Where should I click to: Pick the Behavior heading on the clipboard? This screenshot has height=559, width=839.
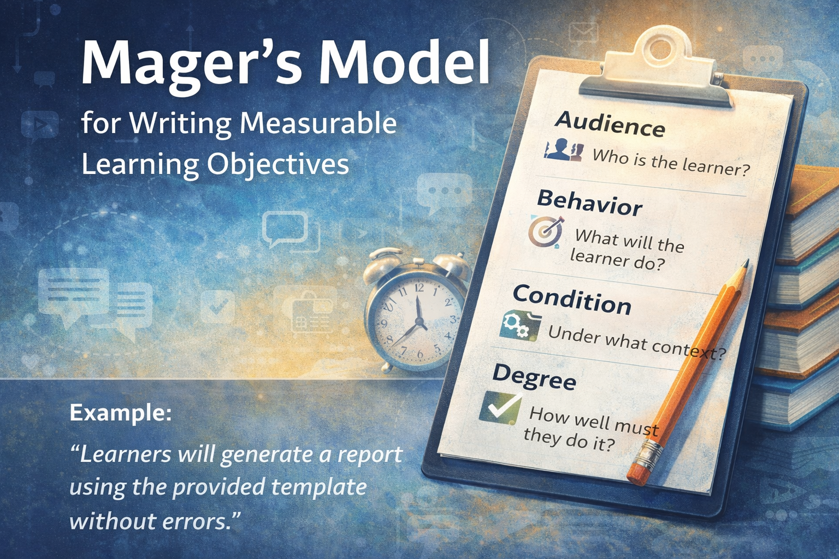pyautogui.click(x=590, y=203)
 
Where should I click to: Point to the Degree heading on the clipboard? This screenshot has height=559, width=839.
pyautogui.click(x=534, y=376)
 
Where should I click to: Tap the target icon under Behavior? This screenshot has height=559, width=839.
pyautogui.click(x=546, y=231)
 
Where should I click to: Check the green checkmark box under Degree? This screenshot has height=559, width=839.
pyautogui.click(x=500, y=407)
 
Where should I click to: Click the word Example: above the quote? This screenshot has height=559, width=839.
pyautogui.click(x=120, y=412)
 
